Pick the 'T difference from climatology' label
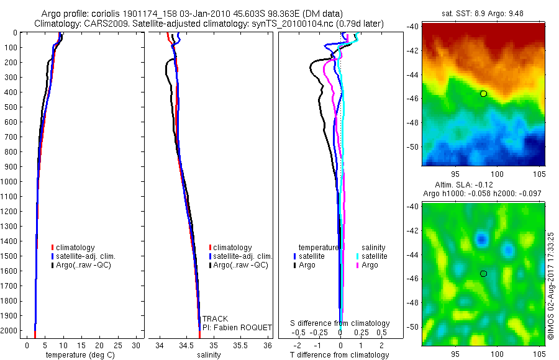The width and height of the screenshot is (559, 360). pyautogui.click(x=340, y=355)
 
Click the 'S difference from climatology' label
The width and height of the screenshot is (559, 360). pyautogui.click(x=340, y=323)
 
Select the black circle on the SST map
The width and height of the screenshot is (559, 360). pyautogui.click(x=483, y=94)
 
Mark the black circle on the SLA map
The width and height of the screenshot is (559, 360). pyautogui.click(x=483, y=273)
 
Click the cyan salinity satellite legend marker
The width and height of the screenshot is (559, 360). pyautogui.click(x=358, y=256)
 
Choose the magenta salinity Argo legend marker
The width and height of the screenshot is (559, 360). pyautogui.click(x=358, y=265)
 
